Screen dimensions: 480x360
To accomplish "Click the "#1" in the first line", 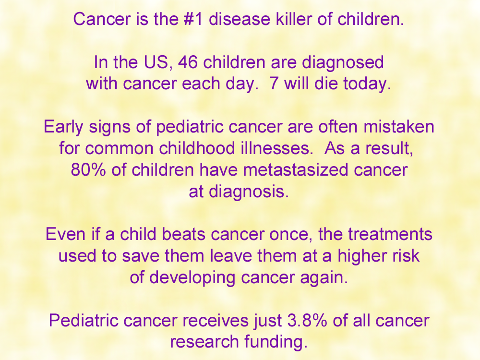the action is [193, 19].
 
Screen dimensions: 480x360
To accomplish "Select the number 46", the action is [187, 62].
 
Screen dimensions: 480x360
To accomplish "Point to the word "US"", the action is [156, 62].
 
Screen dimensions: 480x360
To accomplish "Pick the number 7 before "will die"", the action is [274, 84].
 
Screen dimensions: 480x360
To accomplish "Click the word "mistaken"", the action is [399, 126].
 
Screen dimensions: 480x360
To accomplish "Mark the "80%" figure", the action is [88, 170].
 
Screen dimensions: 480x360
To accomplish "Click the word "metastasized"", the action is [296, 170].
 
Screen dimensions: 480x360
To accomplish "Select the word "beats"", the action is [183, 234].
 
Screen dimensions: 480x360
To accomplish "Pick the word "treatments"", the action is [390, 234].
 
